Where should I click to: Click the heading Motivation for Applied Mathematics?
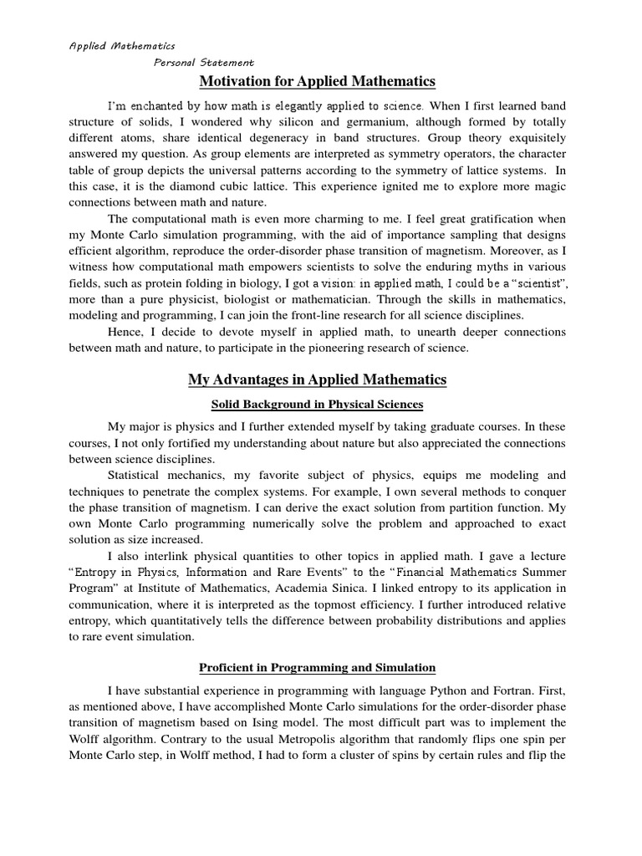(318, 81)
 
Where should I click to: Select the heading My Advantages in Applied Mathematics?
(318, 380)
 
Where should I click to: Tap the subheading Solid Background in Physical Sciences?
(318, 405)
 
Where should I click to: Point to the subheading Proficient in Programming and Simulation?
(318, 667)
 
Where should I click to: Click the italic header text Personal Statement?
(204, 63)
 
